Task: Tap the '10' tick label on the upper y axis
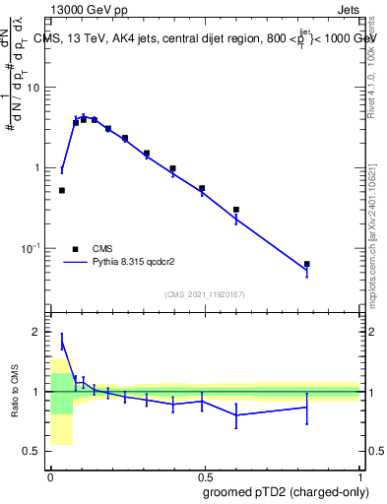[x=33, y=88]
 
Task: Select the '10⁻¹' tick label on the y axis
[x=32, y=247]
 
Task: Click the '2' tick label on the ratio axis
[x=38, y=333]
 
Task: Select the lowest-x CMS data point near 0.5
[x=62, y=190]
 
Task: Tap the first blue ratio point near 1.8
[x=62, y=342]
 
